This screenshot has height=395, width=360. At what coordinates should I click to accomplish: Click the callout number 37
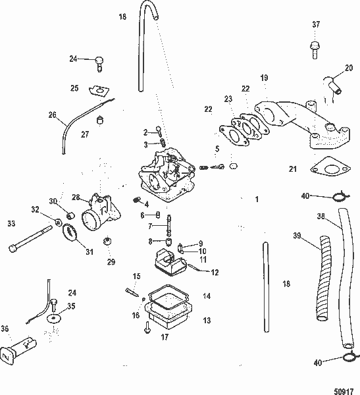316,24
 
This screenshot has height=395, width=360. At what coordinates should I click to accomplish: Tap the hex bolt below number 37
315,50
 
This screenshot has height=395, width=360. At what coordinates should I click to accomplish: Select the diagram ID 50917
344,391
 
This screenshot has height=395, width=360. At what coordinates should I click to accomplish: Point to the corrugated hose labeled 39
323,278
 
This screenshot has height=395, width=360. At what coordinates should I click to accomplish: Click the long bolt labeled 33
30,238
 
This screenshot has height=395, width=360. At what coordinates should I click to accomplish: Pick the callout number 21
292,169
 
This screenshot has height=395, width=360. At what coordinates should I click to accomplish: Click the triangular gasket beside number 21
330,167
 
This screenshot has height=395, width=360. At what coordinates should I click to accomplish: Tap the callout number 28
76,197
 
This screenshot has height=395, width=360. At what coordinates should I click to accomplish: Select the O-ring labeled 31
69,232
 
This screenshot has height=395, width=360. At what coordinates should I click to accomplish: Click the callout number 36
5,329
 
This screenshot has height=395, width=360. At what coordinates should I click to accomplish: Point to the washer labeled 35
54,319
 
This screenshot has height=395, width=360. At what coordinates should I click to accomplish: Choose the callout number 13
207,320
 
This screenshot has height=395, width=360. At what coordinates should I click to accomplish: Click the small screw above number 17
147,327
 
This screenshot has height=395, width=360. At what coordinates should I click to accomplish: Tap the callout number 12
215,273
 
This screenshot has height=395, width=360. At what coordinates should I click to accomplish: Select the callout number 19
264,78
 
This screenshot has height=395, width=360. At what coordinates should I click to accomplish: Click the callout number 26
53,115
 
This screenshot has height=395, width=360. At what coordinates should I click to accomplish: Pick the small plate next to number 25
99,91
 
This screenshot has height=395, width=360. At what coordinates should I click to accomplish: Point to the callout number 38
321,216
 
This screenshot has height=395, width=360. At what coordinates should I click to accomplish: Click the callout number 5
217,149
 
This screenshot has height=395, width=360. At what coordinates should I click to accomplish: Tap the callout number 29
111,262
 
